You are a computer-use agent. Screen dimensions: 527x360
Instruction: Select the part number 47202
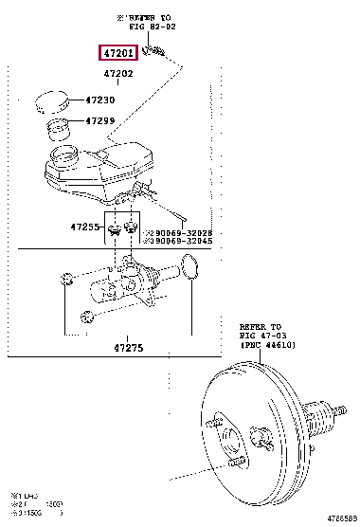(x=118, y=73)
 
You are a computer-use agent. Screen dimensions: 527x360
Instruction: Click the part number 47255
(x=84, y=227)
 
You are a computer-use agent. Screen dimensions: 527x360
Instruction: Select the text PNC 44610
(x=257, y=347)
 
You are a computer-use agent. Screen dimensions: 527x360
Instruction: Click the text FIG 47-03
(x=254, y=337)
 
